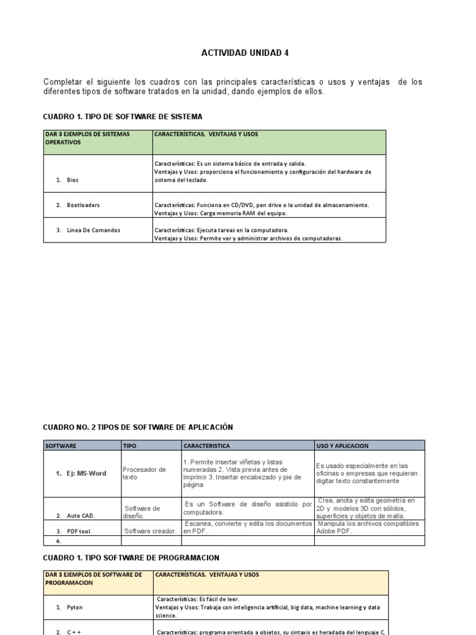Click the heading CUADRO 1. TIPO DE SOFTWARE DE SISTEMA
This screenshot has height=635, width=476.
pyautogui.click(x=123, y=117)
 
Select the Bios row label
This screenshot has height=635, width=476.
pyautogui.click(x=73, y=180)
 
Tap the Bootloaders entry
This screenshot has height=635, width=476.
pyautogui.click(x=83, y=205)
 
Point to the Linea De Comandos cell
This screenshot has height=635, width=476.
pyautogui.click(x=93, y=231)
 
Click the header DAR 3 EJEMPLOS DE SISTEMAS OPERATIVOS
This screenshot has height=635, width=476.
pyautogui.click(x=87, y=138)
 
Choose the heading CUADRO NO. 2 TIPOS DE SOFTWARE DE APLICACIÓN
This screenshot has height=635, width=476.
pyautogui.click(x=138, y=427)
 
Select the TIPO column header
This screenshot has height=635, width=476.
pyautogui.click(x=130, y=446)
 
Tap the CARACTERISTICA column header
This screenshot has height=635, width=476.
pyautogui.click(x=207, y=446)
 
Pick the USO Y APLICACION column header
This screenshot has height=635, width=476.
pyautogui.click(x=342, y=446)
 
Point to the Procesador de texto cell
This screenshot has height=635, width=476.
pyautogui.click(x=144, y=474)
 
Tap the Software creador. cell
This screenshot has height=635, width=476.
pyautogui.click(x=151, y=531)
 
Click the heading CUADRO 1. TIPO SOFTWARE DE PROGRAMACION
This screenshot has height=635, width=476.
pyautogui.click(x=131, y=558)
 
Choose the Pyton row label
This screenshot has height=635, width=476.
pyautogui.click(x=74, y=608)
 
